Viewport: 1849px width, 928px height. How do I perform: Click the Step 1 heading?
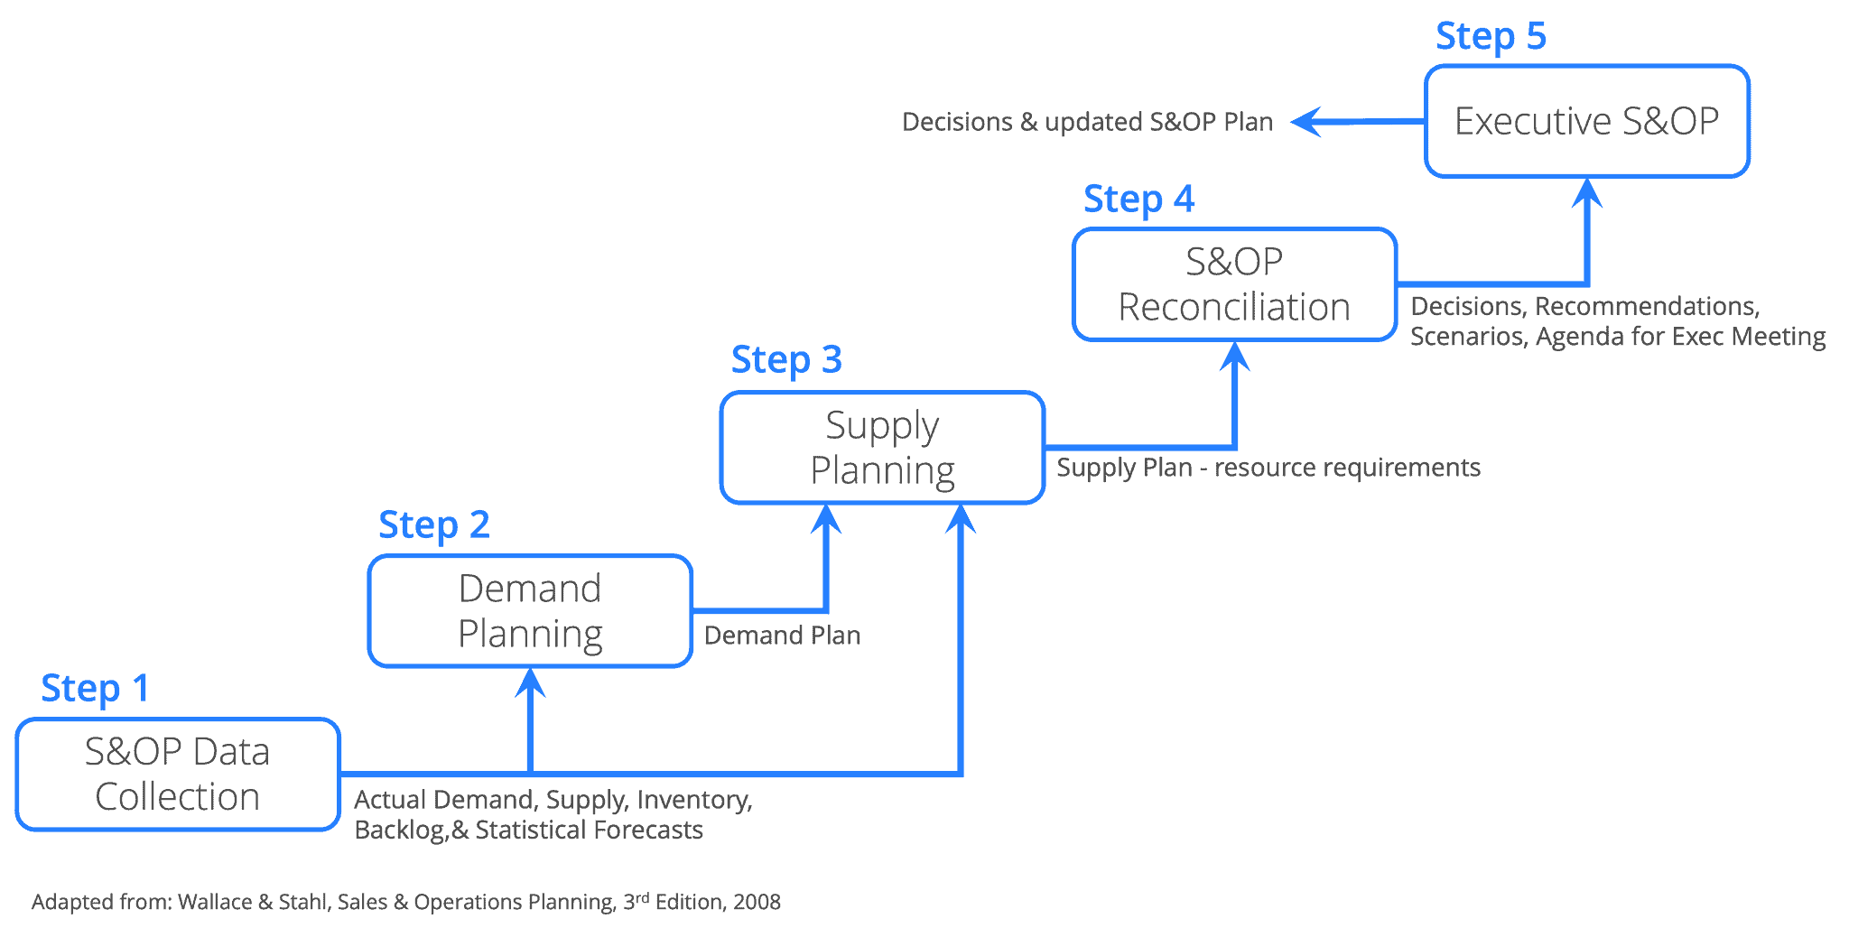point(95,689)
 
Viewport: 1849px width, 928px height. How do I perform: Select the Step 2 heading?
point(433,525)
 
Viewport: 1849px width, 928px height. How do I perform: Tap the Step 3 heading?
point(785,360)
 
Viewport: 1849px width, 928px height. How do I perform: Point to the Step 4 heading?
point(1138,200)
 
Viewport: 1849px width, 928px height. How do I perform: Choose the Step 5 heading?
point(1491,37)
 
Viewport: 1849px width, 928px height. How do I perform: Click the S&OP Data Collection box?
point(178,775)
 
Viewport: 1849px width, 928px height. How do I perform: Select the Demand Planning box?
point(530,611)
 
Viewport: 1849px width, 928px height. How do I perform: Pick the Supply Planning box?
point(882,448)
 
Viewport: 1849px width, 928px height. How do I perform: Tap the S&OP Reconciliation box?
point(1234,284)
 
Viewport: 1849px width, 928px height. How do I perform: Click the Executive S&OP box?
point(1587,121)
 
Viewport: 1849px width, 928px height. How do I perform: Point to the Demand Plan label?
point(782,636)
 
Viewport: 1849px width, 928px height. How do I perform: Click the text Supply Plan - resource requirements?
point(1268,468)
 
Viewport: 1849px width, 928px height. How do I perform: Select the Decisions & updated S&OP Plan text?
point(1087,122)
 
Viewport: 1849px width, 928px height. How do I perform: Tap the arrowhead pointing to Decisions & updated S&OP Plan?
point(1305,121)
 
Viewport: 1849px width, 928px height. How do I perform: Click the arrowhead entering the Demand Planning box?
point(530,682)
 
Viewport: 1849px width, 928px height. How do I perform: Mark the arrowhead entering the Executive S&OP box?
point(1586,192)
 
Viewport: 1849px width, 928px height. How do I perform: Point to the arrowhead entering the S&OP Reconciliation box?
point(1234,356)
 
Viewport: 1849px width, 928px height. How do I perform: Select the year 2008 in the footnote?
point(757,902)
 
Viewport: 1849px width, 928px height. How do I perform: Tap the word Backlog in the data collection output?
point(398,830)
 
